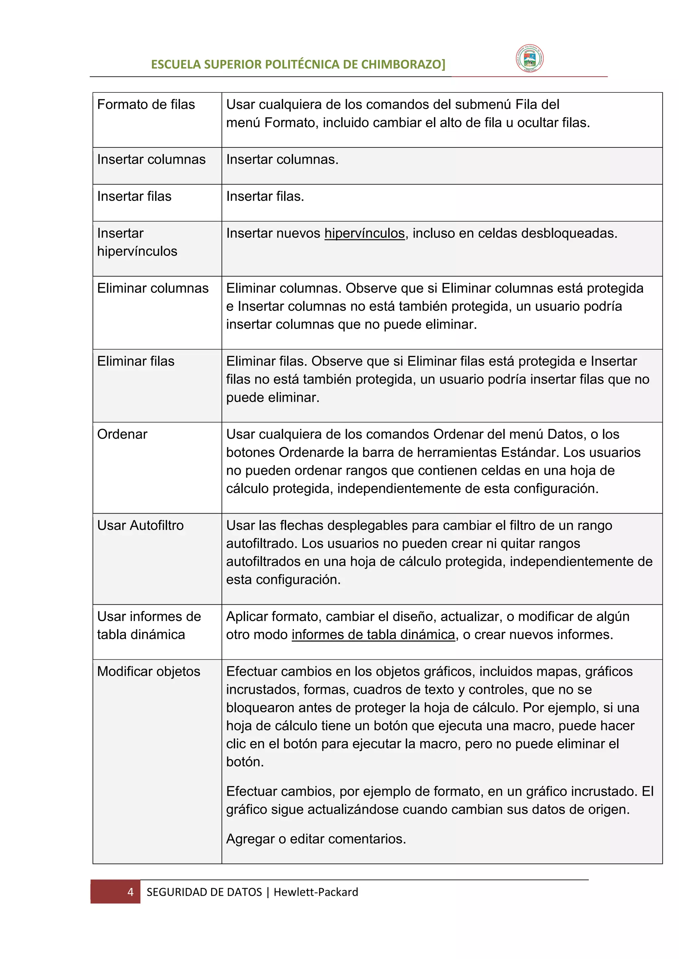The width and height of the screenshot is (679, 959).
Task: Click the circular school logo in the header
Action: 529,59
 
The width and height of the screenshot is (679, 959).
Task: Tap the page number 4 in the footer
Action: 130,892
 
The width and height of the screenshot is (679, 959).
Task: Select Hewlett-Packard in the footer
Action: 316,892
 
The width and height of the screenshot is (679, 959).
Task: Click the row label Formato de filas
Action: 146,104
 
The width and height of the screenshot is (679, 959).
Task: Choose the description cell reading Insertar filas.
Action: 265,196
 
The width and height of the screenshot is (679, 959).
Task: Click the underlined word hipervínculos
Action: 365,233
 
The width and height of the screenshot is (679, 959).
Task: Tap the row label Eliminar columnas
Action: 153,288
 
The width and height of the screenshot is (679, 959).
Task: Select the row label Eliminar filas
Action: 136,361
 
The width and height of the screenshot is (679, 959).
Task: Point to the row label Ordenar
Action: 122,434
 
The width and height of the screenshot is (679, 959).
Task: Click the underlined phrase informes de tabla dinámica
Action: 373,634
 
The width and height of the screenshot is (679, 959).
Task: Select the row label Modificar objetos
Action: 149,671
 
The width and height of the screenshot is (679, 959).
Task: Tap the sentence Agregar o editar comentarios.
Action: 316,839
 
